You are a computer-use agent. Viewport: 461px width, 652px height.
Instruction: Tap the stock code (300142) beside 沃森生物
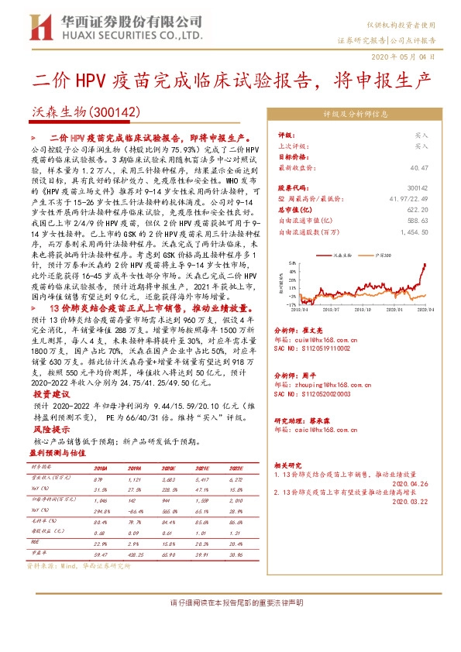coord(113,112)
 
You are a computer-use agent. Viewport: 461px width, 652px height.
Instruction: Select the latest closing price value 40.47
coord(419,167)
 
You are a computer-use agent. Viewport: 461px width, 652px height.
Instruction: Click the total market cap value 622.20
coord(418,209)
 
